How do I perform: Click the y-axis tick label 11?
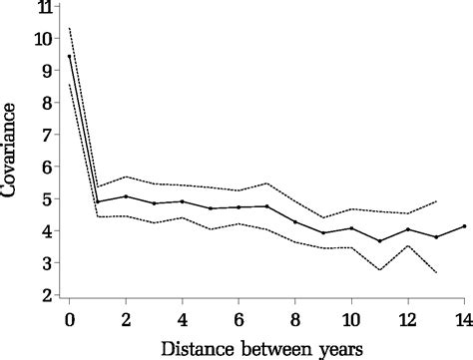(x=43, y=9)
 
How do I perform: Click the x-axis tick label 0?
(x=69, y=318)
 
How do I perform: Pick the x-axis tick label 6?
(x=238, y=318)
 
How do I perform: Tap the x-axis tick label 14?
(x=464, y=318)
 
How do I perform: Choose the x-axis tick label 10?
(x=351, y=318)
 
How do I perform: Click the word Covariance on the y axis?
(x=13, y=150)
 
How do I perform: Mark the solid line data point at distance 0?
(x=69, y=56)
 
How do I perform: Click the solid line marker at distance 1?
(x=98, y=201)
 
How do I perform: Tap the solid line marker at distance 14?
(x=464, y=225)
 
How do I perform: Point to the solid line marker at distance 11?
(x=379, y=240)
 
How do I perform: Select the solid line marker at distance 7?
(x=266, y=206)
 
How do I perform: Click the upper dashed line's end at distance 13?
(x=436, y=201)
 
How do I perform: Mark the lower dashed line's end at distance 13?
(x=436, y=272)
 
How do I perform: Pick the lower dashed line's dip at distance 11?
(x=379, y=270)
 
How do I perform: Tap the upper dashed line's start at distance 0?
(x=69, y=28)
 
